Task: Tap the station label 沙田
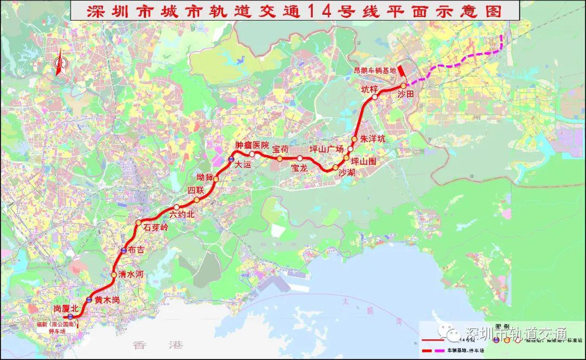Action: (x=406, y=94)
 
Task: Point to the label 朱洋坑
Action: (x=373, y=139)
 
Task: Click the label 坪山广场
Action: (x=327, y=149)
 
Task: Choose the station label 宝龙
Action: (x=300, y=168)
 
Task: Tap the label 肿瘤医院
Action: (x=252, y=145)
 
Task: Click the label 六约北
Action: (x=181, y=215)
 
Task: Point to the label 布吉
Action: (x=137, y=250)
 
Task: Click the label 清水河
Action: (x=131, y=274)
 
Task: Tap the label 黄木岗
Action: (x=106, y=299)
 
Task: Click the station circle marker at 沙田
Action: (x=403, y=86)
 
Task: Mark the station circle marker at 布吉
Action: (x=124, y=250)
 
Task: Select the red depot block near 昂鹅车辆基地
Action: (x=400, y=71)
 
